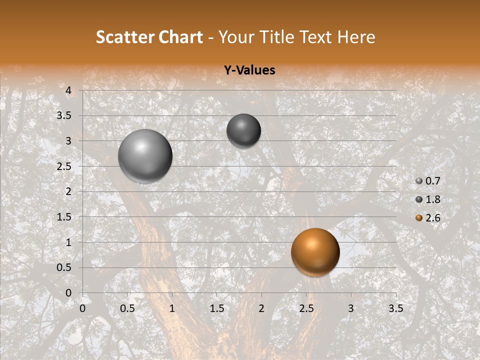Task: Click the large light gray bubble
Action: tap(145, 156)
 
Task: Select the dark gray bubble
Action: tap(243, 130)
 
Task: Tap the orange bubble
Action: tap(315, 252)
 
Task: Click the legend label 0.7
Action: tap(432, 181)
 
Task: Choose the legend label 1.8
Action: tap(432, 199)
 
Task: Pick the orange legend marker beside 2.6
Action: tap(419, 218)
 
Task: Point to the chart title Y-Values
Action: tap(249, 70)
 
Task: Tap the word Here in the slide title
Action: tap(356, 37)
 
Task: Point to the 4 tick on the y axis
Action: tap(68, 90)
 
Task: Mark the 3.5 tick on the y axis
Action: tap(64, 115)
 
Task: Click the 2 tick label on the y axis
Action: tap(68, 191)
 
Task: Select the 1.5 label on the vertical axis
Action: tap(64, 217)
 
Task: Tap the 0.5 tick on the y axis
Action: tap(64, 267)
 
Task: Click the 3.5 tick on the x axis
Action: tap(395, 308)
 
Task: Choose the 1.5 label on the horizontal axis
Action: tap(216, 308)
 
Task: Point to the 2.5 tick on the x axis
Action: tap(306, 308)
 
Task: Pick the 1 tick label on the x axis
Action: tap(172, 308)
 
